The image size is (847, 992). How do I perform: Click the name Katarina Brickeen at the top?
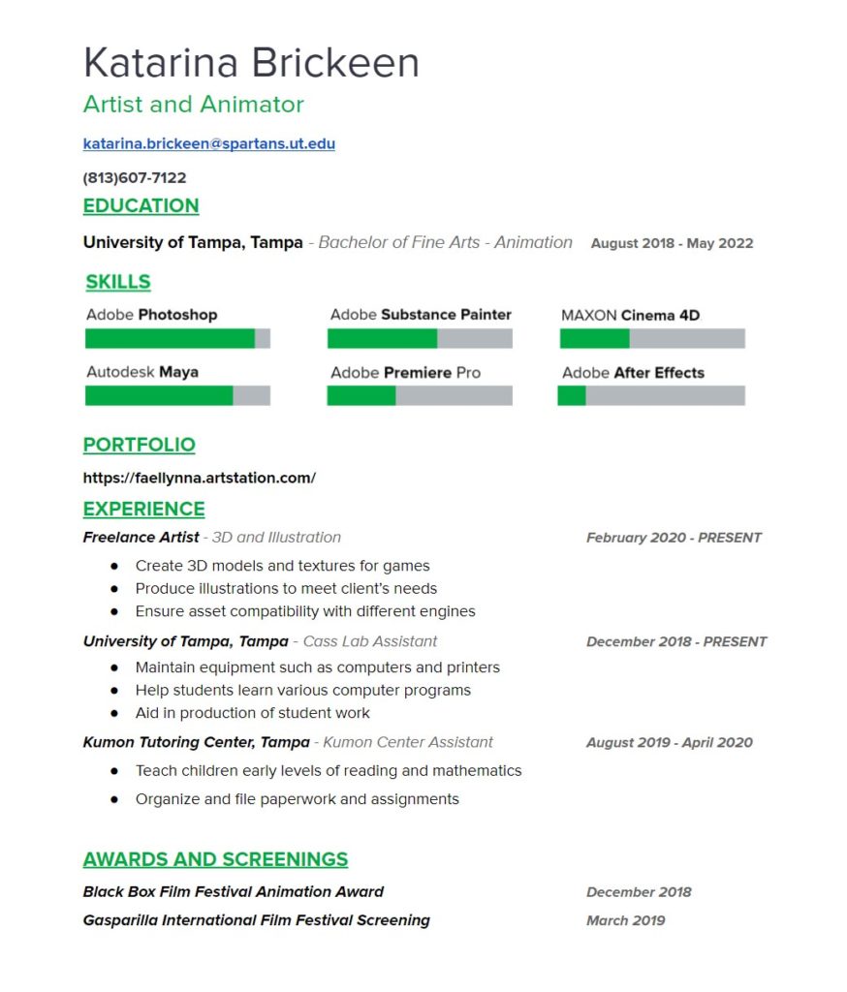[x=251, y=63]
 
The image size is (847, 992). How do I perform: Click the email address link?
[x=208, y=144]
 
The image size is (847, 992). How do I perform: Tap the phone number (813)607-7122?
[x=135, y=178]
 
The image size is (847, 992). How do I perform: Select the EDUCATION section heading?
[x=141, y=205]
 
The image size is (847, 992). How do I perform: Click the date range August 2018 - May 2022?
[x=672, y=243]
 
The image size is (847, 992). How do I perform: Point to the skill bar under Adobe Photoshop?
[x=177, y=338]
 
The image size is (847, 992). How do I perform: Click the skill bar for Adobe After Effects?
[x=650, y=395]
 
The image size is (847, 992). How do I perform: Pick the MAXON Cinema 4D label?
[x=630, y=315]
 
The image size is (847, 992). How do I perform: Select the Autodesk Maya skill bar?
[x=177, y=395]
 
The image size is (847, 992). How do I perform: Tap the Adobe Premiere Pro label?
[x=405, y=373]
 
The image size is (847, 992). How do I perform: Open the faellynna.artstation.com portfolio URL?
[x=199, y=478]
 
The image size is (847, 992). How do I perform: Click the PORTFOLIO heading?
[x=139, y=445]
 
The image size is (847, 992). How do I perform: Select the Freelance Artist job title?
[x=141, y=537]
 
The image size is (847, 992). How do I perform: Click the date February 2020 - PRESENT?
[x=674, y=538]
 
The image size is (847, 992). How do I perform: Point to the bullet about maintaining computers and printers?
[x=317, y=667]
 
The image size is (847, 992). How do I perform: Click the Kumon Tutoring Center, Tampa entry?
[x=196, y=742]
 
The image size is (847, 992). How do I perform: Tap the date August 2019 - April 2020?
[x=669, y=743]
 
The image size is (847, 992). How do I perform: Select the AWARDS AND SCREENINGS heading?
[x=215, y=859]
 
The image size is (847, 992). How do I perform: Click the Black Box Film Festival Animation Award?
[x=234, y=892]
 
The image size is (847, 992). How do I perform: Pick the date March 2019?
[x=625, y=920]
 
